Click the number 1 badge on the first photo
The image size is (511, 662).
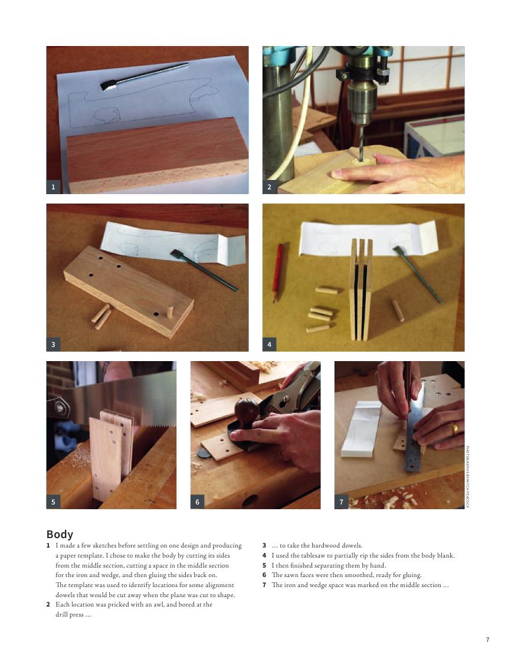[x=53, y=186]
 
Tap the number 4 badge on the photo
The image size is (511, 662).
[x=269, y=344]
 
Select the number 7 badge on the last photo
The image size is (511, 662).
[x=341, y=502]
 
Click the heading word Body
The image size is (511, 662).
[x=60, y=534]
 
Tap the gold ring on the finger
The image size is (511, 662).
[x=454, y=429]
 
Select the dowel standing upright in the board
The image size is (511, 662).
[x=170, y=312]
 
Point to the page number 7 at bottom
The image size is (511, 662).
[x=488, y=640]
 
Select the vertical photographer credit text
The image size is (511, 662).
[x=467, y=477]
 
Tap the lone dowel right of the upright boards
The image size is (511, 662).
[x=398, y=310]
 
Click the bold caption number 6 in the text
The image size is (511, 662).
[x=264, y=575]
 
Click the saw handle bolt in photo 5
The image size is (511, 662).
[x=60, y=408]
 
